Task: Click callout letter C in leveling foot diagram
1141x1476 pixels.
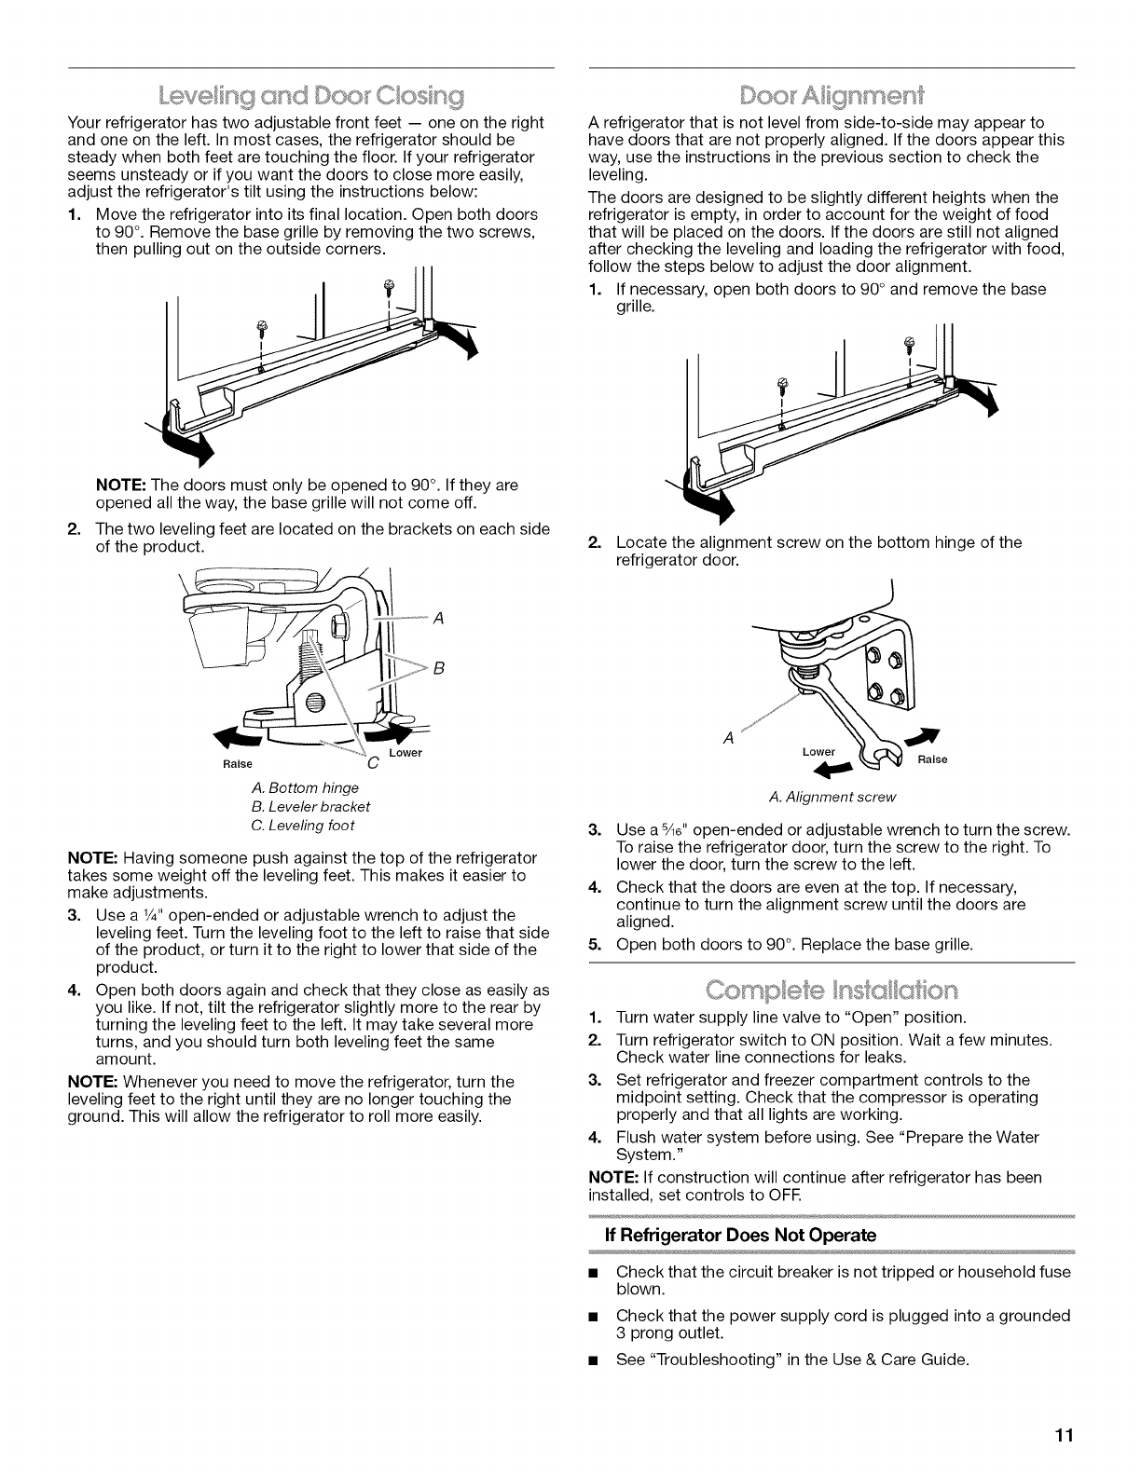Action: (372, 764)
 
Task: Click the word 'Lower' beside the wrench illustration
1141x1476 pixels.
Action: (821, 751)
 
